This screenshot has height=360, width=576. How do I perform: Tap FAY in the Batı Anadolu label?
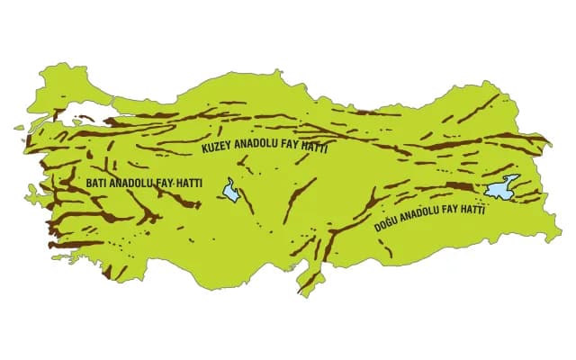click(166, 184)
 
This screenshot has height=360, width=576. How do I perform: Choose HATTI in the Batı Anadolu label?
click(190, 184)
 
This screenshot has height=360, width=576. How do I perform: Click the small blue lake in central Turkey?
click(233, 191)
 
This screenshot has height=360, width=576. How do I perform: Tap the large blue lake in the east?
click(497, 190)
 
